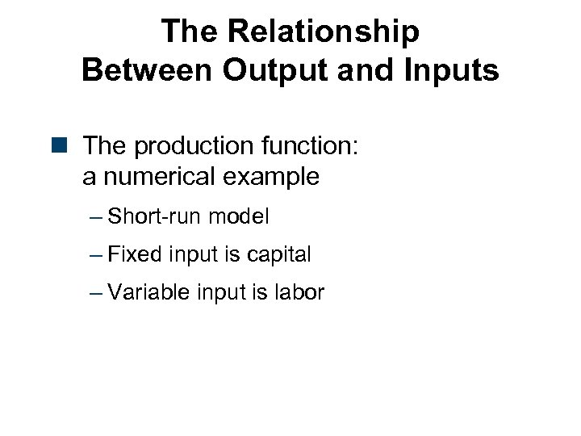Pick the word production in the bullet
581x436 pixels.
[184, 148]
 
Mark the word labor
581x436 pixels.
[299, 292]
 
